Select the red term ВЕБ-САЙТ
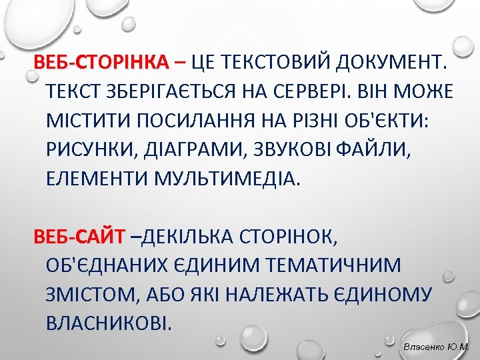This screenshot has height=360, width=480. point(79,235)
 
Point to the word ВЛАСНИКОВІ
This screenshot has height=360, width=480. point(109,323)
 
